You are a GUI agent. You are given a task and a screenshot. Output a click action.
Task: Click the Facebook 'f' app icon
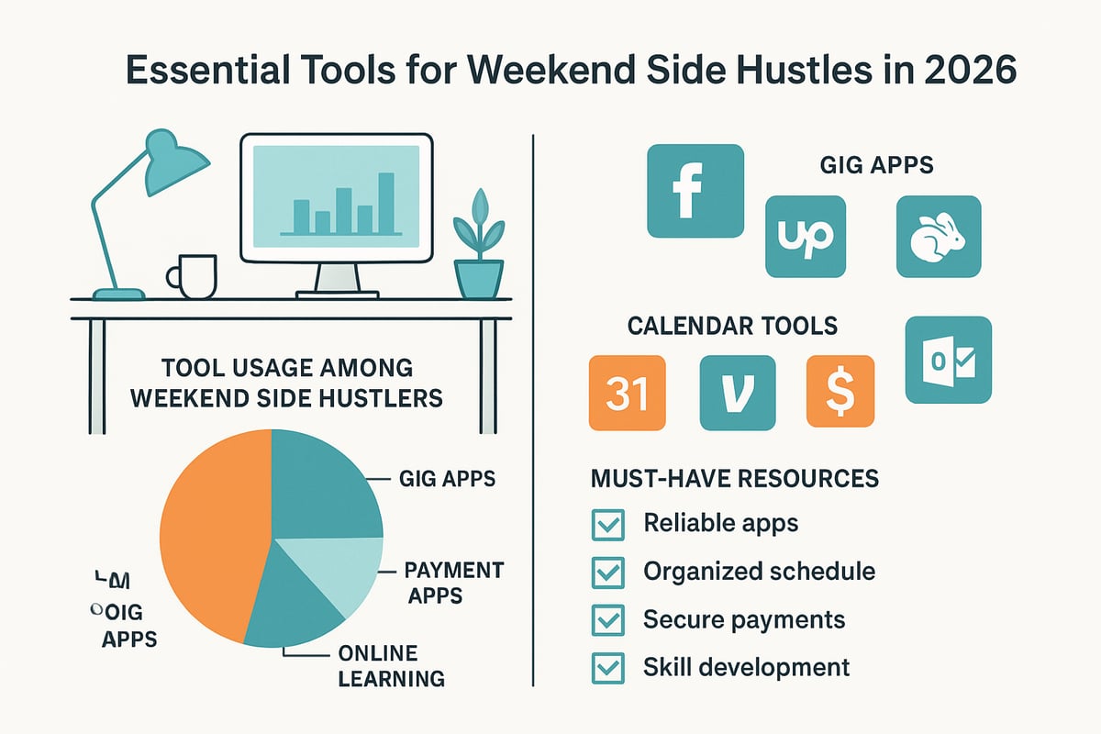coord(695,192)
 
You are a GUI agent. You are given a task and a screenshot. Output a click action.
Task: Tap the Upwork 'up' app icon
coord(804,236)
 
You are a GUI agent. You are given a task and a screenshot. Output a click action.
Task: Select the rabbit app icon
coord(938,236)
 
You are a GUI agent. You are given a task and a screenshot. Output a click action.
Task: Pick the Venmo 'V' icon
coord(737,393)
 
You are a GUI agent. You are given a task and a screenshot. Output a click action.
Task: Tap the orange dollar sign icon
coord(840,393)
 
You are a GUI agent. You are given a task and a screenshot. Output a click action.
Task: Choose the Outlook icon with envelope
coord(948,360)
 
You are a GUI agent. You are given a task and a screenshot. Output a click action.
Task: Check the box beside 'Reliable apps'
coord(607,525)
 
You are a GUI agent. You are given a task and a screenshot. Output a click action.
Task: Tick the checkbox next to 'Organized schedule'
coord(607,573)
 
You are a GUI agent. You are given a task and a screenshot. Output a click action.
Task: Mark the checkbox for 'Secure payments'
coord(607,620)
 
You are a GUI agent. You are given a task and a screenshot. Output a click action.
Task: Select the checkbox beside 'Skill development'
coord(607,668)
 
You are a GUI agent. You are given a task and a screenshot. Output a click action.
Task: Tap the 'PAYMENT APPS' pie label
coord(452,584)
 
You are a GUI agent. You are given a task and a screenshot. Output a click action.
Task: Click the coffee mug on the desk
coord(195,276)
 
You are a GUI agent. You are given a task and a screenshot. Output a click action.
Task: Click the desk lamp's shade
coord(174,156)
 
